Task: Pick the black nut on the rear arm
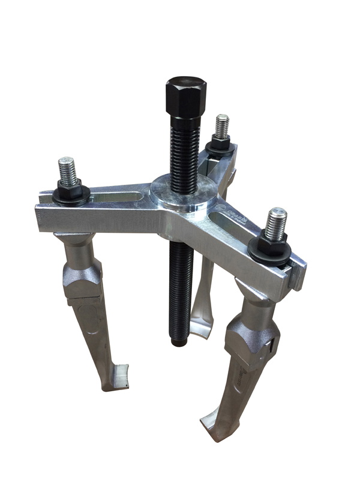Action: click(220, 144)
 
